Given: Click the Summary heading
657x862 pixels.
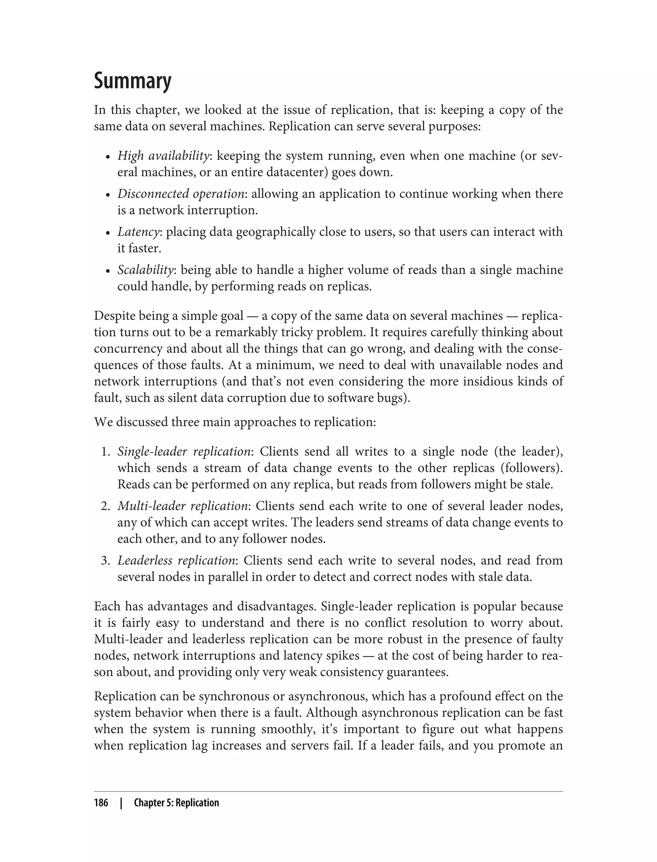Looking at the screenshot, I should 132,81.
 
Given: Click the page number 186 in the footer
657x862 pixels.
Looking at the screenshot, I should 101,803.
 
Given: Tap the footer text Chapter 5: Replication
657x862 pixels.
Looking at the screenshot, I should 176,803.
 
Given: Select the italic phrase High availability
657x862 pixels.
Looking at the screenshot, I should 164,156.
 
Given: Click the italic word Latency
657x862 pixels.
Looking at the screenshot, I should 139,232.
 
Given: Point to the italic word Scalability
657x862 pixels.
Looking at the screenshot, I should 145,270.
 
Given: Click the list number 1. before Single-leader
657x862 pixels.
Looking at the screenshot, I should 106,452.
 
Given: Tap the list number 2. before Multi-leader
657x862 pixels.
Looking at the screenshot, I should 106,506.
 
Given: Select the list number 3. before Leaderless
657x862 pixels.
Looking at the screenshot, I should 106,561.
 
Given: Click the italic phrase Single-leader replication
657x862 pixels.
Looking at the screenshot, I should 184,452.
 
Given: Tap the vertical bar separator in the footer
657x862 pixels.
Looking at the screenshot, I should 121,803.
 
